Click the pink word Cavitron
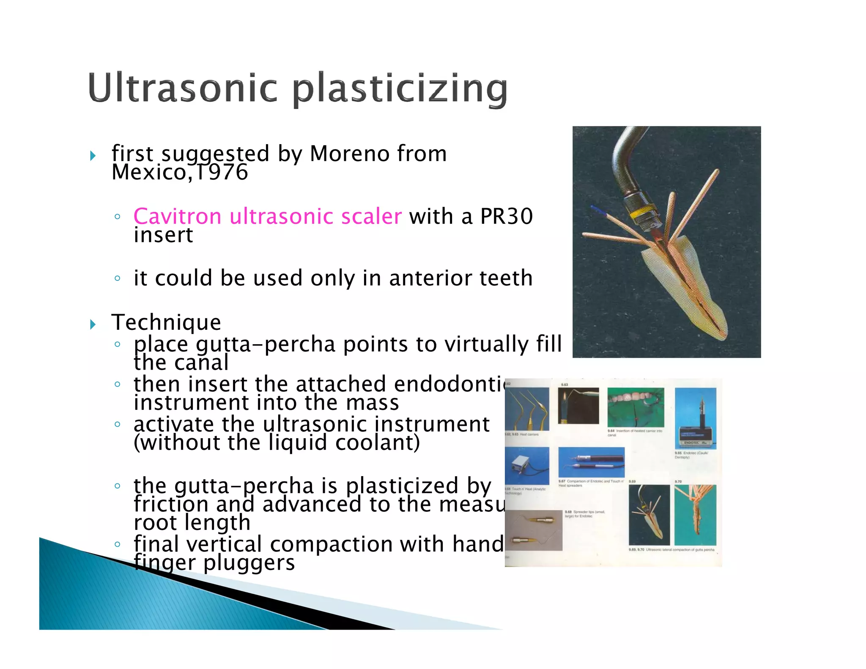tap(177, 217)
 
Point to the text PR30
tap(506, 217)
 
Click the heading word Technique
tap(166, 323)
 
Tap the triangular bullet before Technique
tap(93, 325)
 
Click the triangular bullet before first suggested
tap(93, 156)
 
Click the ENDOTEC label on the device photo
tap(692, 442)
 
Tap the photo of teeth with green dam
tap(636, 407)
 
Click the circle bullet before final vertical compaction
tap(118, 544)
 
